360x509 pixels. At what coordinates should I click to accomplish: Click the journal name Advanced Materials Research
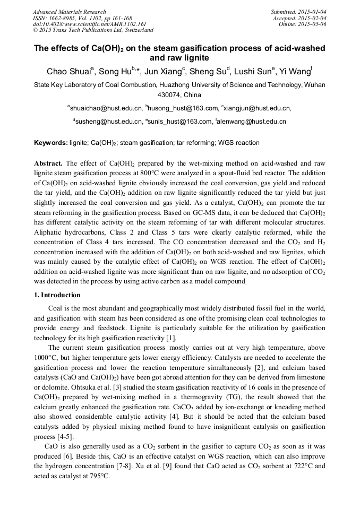click(x=69, y=12)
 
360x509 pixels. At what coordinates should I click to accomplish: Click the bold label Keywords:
click(x=51, y=143)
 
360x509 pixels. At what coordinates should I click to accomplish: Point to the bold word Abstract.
click(x=49, y=163)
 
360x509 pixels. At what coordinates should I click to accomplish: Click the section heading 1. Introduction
click(x=57, y=295)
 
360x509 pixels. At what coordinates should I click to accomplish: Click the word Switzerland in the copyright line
click(x=138, y=31)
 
